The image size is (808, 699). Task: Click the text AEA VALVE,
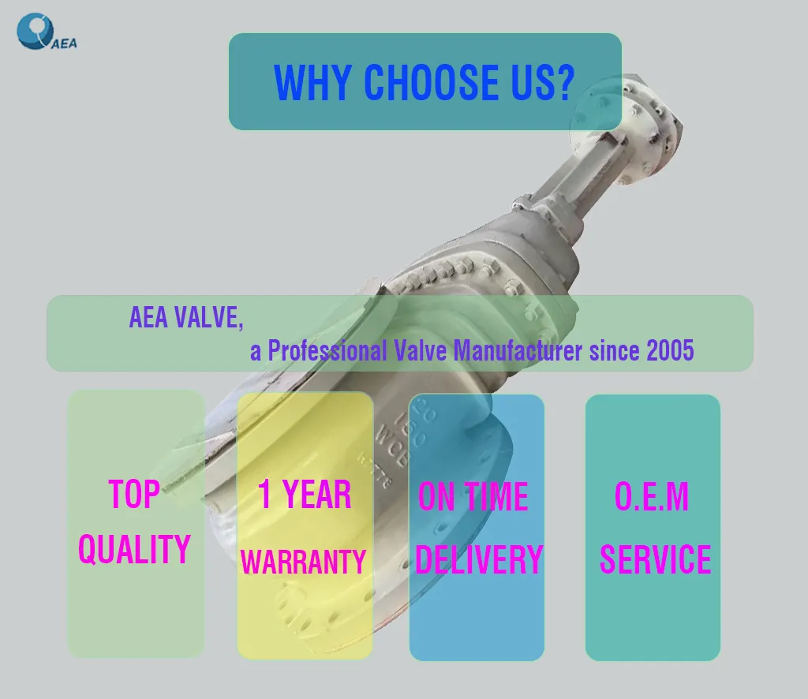pos(186,317)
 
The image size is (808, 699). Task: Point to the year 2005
pos(670,350)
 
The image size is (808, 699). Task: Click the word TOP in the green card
pos(134,495)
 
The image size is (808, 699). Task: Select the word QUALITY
pos(134,548)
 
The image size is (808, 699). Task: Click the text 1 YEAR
pos(305,495)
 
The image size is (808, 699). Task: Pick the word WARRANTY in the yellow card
pos(303,562)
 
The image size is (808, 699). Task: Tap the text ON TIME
pos(473,497)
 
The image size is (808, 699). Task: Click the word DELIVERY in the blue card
pos(479,559)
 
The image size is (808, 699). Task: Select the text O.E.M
pos(652,497)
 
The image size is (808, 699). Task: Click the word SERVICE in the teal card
pos(655,559)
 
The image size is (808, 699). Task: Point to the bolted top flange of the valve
pos(643,126)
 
